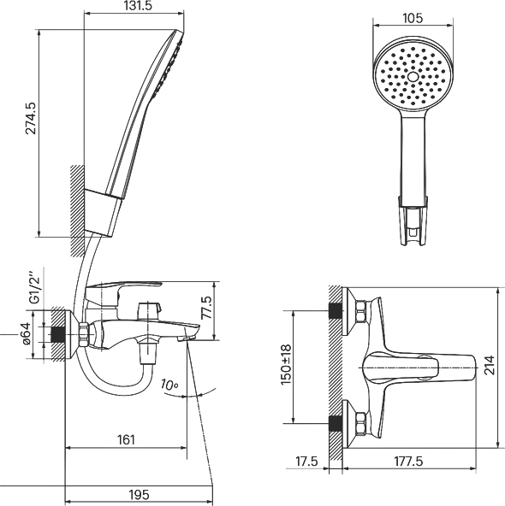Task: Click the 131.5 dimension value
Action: (x=137, y=5)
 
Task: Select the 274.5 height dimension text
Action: (x=32, y=118)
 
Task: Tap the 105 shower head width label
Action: (x=413, y=19)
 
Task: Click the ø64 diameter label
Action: (x=27, y=333)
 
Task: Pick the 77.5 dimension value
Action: (x=206, y=308)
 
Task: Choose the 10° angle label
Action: (x=169, y=385)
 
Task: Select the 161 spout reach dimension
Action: (x=126, y=439)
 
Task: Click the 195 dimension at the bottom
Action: (x=140, y=494)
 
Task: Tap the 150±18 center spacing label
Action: (x=286, y=365)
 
